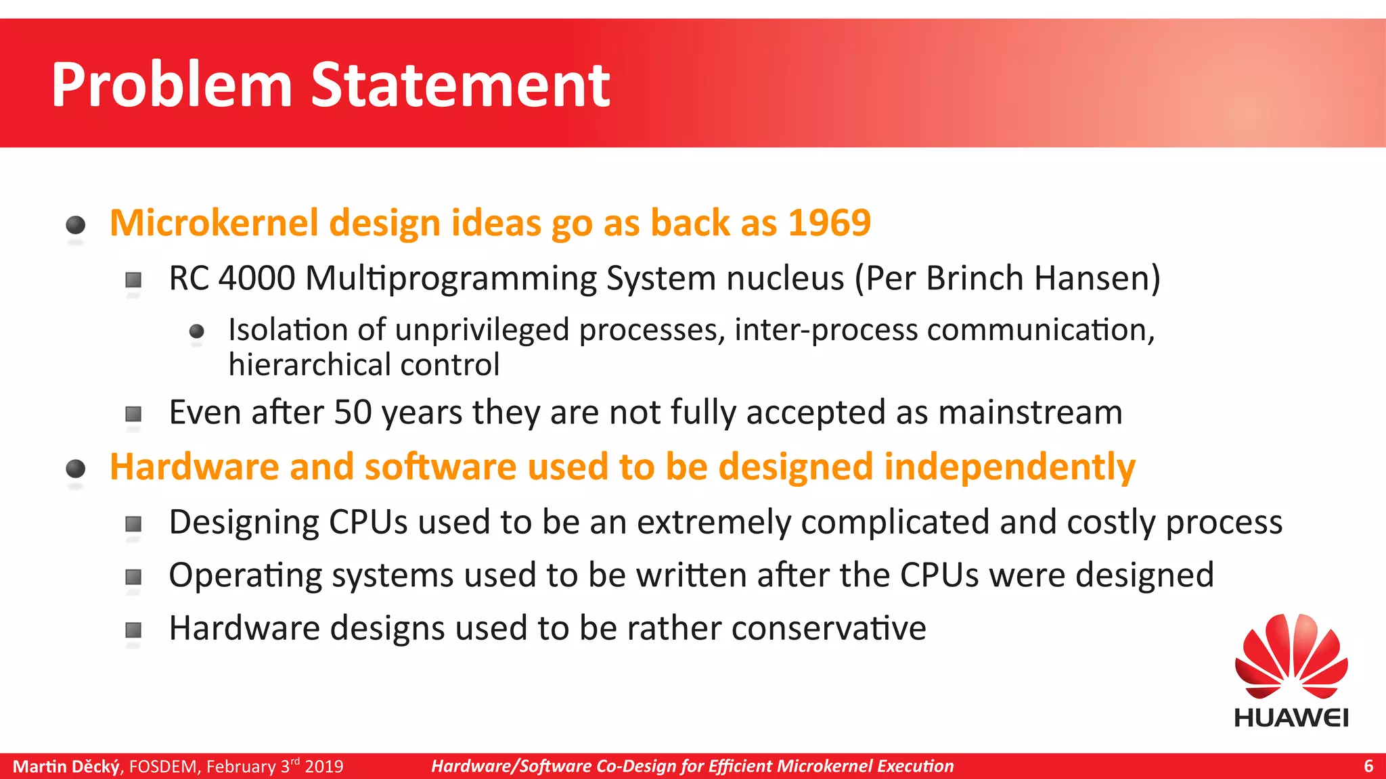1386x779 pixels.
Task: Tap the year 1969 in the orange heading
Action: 829,222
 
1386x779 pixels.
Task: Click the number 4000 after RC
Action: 256,278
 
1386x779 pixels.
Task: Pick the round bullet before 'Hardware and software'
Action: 76,468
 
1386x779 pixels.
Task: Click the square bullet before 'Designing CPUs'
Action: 133,523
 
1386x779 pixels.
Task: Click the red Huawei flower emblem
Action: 1291,656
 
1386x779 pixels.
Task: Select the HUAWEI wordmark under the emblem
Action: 1291,717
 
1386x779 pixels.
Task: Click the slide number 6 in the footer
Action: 1368,766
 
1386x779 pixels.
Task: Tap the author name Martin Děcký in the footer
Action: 66,766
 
